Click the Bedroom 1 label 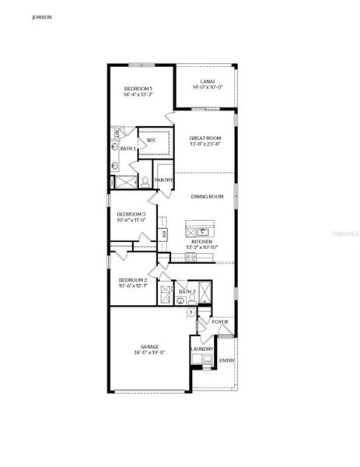click(x=138, y=90)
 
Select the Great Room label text click(x=205, y=138)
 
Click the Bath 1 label click(x=128, y=149)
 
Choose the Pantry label click(x=164, y=181)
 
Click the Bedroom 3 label click(x=131, y=214)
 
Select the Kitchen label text click(x=202, y=241)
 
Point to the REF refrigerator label click(x=164, y=232)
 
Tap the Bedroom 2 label click(x=133, y=279)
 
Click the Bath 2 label click(x=186, y=292)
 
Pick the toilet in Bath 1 click(x=145, y=182)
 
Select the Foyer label click(x=220, y=321)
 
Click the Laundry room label click(x=202, y=349)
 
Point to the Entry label click(x=226, y=360)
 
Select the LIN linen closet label click(x=117, y=135)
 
